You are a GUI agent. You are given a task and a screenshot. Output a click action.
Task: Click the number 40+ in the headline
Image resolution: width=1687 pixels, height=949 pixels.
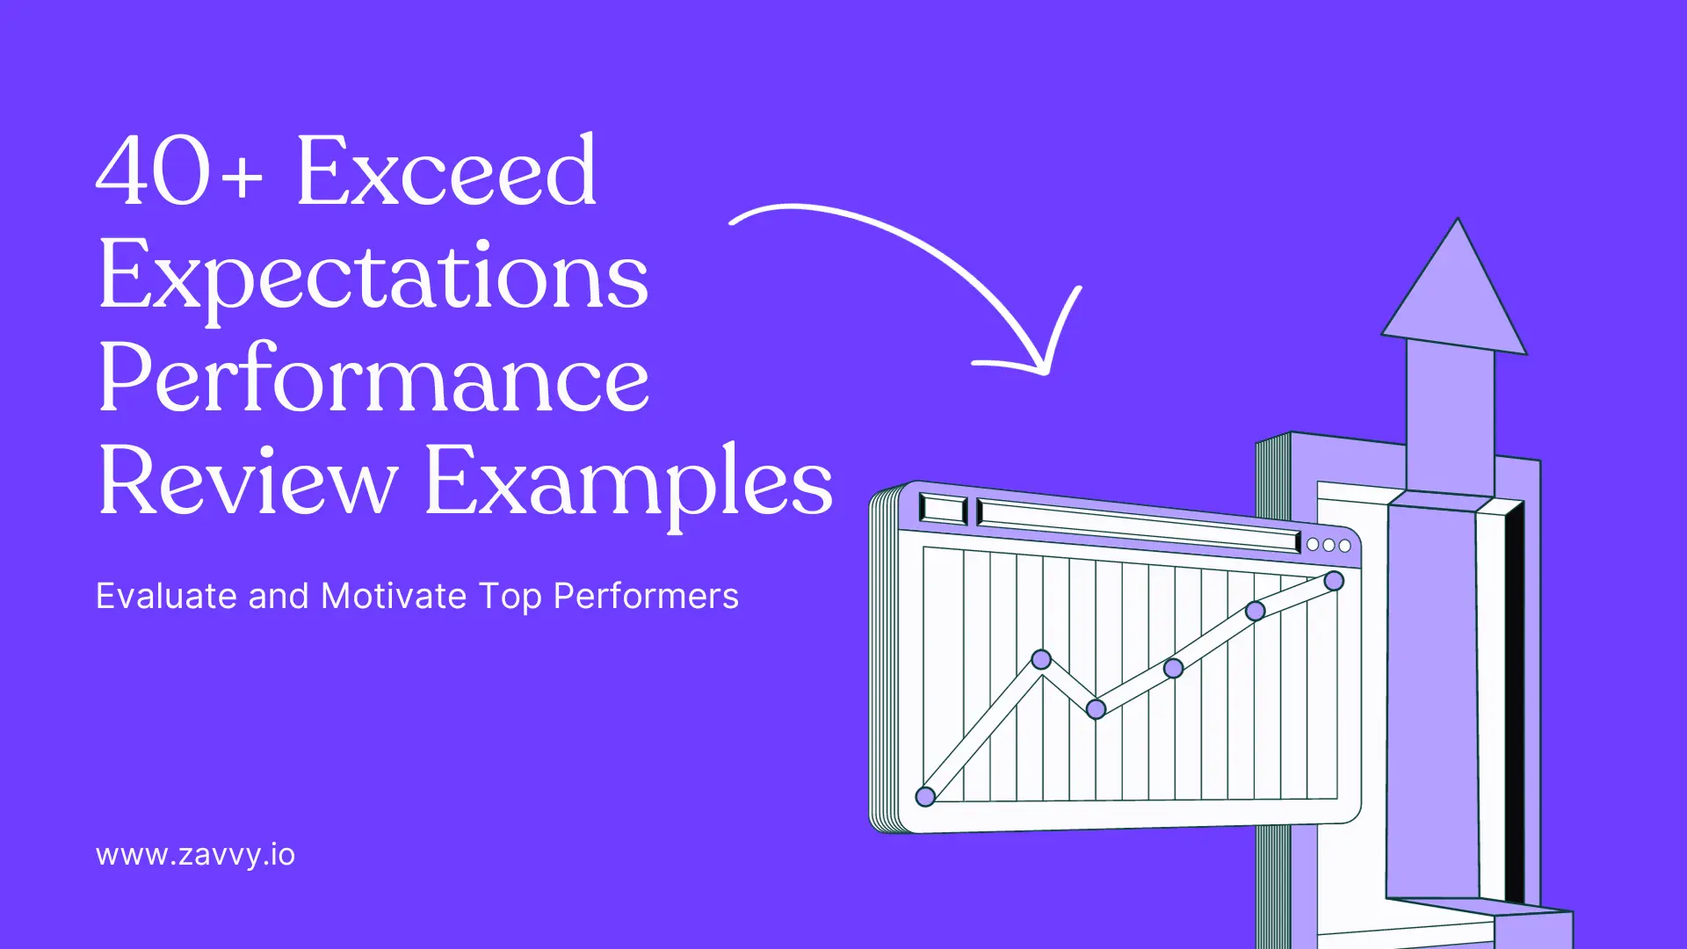point(179,172)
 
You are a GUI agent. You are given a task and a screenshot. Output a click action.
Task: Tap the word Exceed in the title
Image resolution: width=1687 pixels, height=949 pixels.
point(446,172)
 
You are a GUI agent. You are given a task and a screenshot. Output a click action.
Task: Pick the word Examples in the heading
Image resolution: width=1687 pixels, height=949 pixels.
point(628,482)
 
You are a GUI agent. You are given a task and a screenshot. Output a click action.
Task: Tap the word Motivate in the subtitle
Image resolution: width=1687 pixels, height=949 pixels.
point(394,597)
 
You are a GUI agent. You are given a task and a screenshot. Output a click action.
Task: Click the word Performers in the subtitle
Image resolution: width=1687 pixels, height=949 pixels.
point(646,597)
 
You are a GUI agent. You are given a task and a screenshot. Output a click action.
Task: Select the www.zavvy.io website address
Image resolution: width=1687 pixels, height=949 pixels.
point(195,855)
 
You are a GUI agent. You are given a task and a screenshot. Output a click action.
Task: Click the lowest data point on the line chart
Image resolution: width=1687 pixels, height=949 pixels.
point(925,797)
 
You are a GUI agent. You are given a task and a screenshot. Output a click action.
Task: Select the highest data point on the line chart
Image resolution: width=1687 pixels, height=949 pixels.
point(1334,581)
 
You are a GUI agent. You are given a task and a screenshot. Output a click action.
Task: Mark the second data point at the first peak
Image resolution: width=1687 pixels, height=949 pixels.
point(1041,659)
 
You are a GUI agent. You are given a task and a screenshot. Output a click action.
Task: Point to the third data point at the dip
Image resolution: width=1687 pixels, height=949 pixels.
point(1096,709)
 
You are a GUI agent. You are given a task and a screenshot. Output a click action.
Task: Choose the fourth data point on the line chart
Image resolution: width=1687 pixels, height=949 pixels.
point(1173,669)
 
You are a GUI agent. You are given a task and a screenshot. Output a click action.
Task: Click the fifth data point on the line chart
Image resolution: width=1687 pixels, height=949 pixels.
point(1256,611)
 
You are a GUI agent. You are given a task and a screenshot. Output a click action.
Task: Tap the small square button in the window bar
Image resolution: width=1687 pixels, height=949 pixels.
point(943,509)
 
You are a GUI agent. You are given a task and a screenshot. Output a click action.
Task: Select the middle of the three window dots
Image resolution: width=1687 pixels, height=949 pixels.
point(1329,545)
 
